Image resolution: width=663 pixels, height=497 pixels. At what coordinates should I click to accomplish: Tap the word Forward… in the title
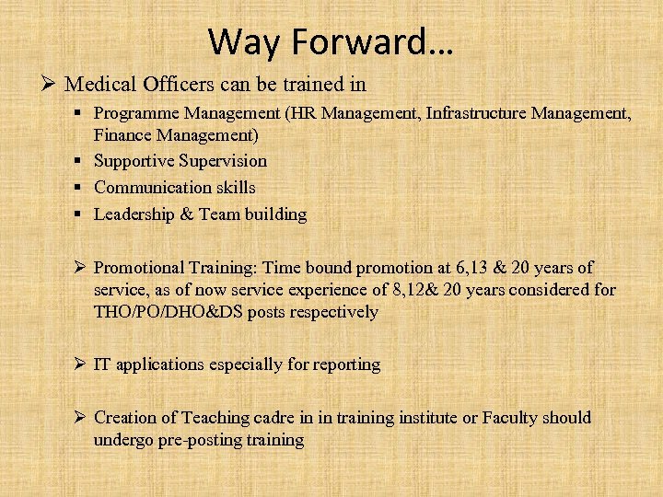click(369, 40)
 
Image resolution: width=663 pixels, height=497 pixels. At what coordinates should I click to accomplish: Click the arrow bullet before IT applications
click(80, 364)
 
